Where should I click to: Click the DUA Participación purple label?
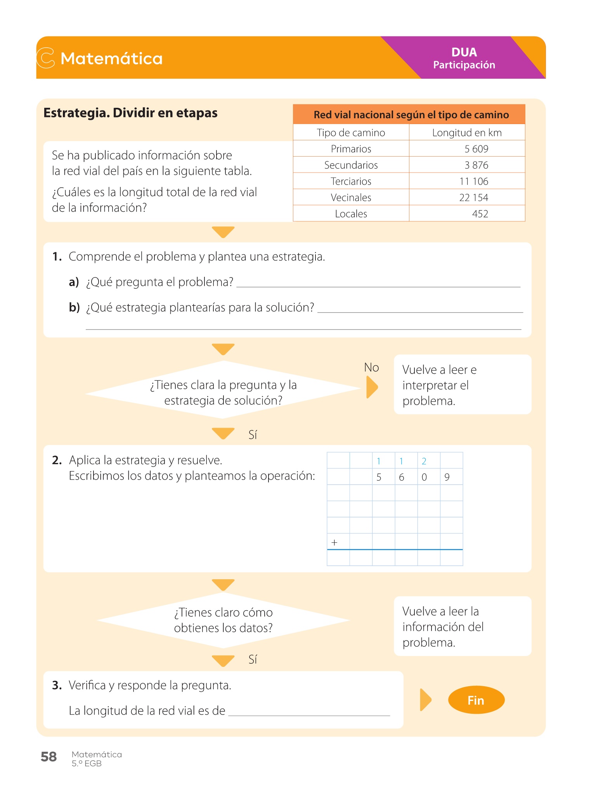pos(464,58)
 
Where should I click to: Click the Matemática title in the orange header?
pos(111,59)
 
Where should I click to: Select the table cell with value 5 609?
pos(476,149)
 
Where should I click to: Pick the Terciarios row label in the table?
pos(351,181)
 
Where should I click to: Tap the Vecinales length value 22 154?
pos(473,198)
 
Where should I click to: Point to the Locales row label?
pos(351,214)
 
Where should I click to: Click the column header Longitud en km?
pos(467,133)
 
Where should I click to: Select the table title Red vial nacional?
pos(411,115)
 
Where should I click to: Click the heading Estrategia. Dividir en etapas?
pos(130,113)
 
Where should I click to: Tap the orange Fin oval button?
pos(476,700)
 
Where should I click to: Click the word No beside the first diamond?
pos(371,368)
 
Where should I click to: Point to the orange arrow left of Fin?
pos(426,700)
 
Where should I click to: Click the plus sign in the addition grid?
pos(334,542)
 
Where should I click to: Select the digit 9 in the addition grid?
pos(447,477)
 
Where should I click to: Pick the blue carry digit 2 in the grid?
pos(424,461)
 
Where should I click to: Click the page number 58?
pos(49,757)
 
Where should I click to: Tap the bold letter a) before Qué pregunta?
pos(74,282)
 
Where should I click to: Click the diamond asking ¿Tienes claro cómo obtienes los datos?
pos(223,620)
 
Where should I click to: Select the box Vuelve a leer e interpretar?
pos(462,385)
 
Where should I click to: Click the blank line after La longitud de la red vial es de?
pos(309,712)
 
